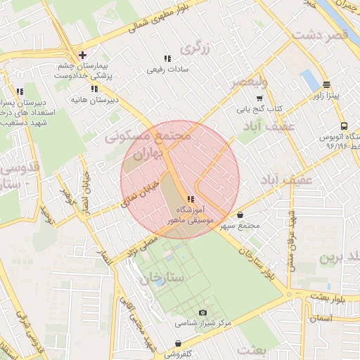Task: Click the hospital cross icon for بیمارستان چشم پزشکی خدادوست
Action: point(83,55)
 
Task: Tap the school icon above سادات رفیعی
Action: point(167,58)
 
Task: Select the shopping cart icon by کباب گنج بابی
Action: point(259,98)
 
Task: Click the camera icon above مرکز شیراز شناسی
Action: point(203,312)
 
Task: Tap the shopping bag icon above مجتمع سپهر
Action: point(240,215)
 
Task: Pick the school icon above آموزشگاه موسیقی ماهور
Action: point(191,200)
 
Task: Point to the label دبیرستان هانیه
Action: point(93,101)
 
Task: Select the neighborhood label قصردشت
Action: point(321,34)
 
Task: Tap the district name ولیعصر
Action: point(248,83)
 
